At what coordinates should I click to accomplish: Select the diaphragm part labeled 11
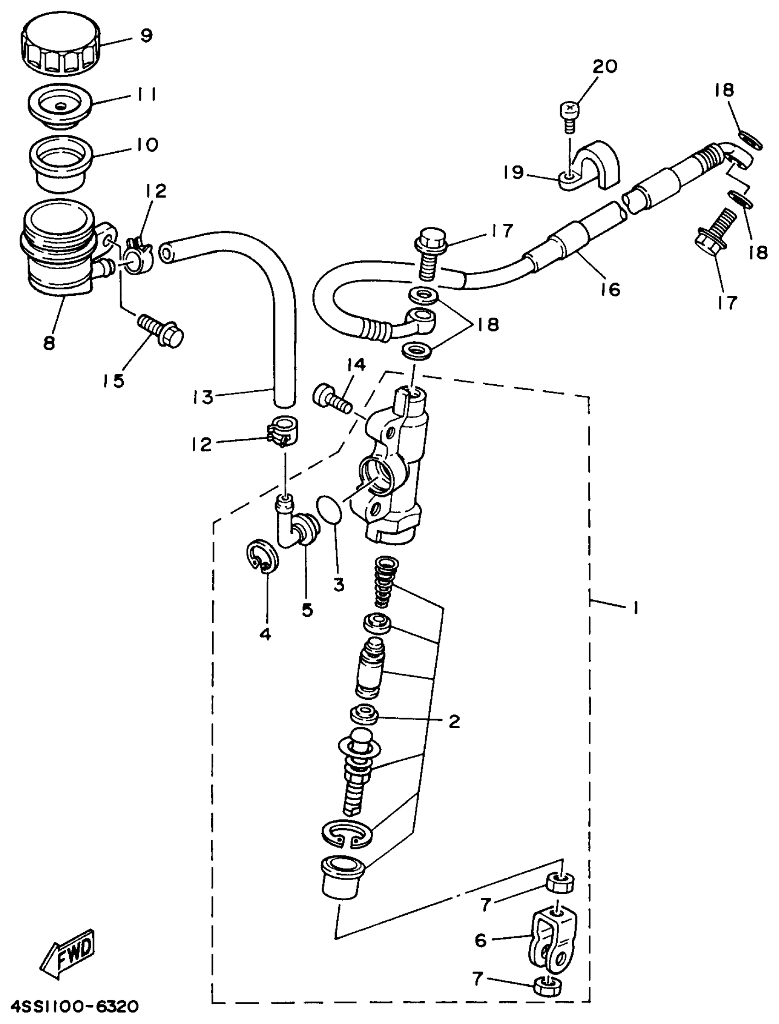click(x=60, y=106)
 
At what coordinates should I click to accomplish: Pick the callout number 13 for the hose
click(x=203, y=397)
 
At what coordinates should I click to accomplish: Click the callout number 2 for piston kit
click(x=454, y=721)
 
